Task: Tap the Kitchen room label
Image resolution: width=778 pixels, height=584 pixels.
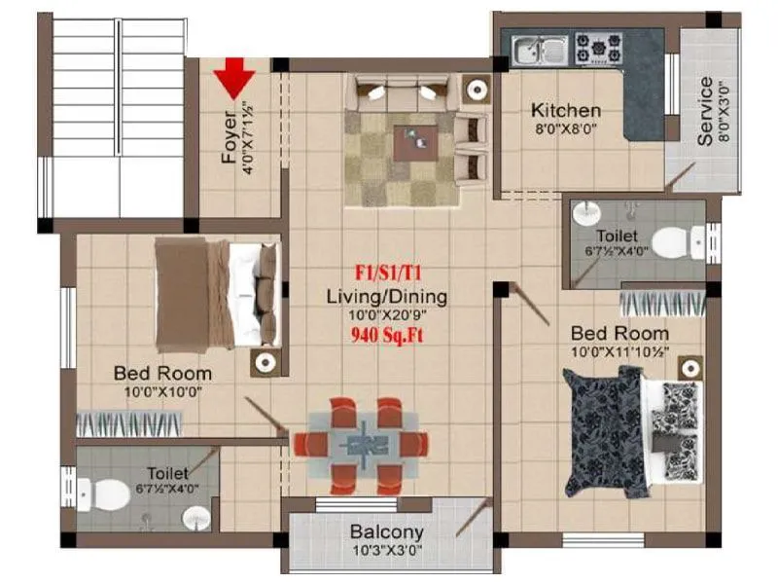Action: click(565, 110)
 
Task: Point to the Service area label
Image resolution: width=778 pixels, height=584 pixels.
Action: click(705, 112)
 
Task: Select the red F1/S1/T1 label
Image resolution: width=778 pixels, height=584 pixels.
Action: click(386, 274)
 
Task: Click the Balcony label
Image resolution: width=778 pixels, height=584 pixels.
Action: click(386, 531)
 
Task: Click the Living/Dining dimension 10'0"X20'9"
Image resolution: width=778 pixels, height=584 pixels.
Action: click(386, 315)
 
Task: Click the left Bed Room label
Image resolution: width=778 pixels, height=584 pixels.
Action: click(162, 373)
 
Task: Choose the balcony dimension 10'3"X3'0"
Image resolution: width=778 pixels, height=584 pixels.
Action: click(386, 551)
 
